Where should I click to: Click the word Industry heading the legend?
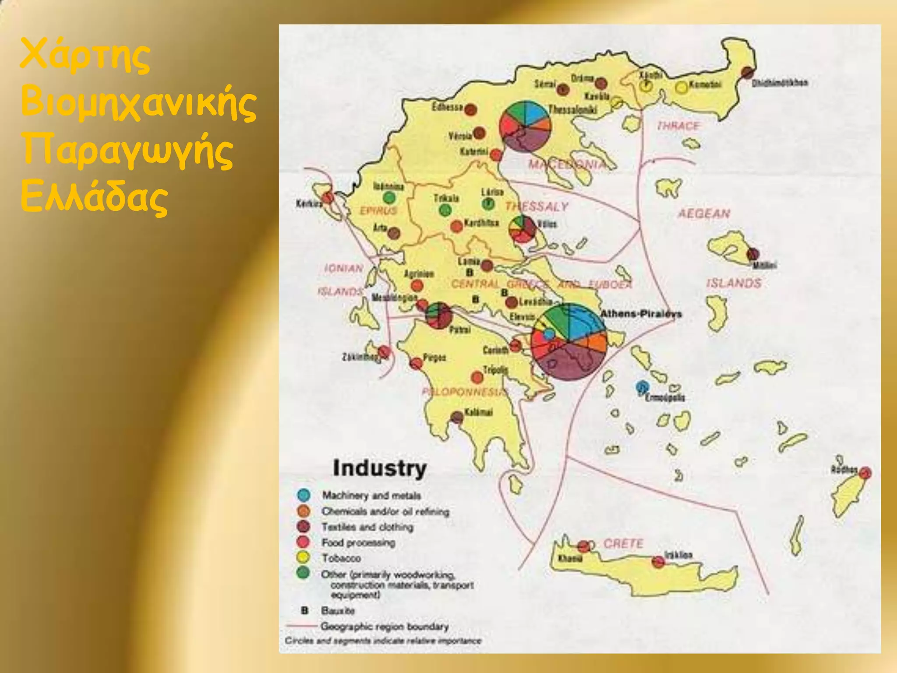tap(379, 468)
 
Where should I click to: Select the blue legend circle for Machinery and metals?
tap(304, 495)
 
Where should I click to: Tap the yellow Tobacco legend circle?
tap(303, 558)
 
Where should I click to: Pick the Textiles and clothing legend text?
tap(367, 527)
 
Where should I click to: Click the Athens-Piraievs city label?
tap(640, 314)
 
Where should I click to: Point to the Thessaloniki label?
tap(573, 109)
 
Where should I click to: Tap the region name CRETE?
tap(623, 544)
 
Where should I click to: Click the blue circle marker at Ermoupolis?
tap(642, 387)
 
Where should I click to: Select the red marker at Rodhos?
tap(865, 473)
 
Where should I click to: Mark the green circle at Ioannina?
tap(389, 198)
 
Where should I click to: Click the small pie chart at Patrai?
tap(438, 315)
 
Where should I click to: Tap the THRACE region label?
tap(678, 126)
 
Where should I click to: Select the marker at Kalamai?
tap(457, 417)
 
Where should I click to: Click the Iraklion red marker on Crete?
tap(658, 562)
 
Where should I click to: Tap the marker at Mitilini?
tap(753, 254)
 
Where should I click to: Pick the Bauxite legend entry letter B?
tap(305, 610)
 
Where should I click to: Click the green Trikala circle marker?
tap(445, 210)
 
